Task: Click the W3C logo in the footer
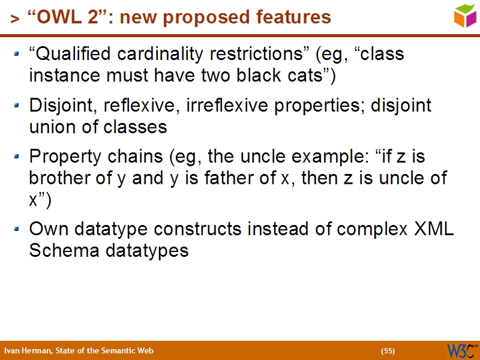click(460, 350)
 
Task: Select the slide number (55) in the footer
click(388, 351)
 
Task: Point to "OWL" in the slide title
click(56, 17)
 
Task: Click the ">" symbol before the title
click(14, 19)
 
